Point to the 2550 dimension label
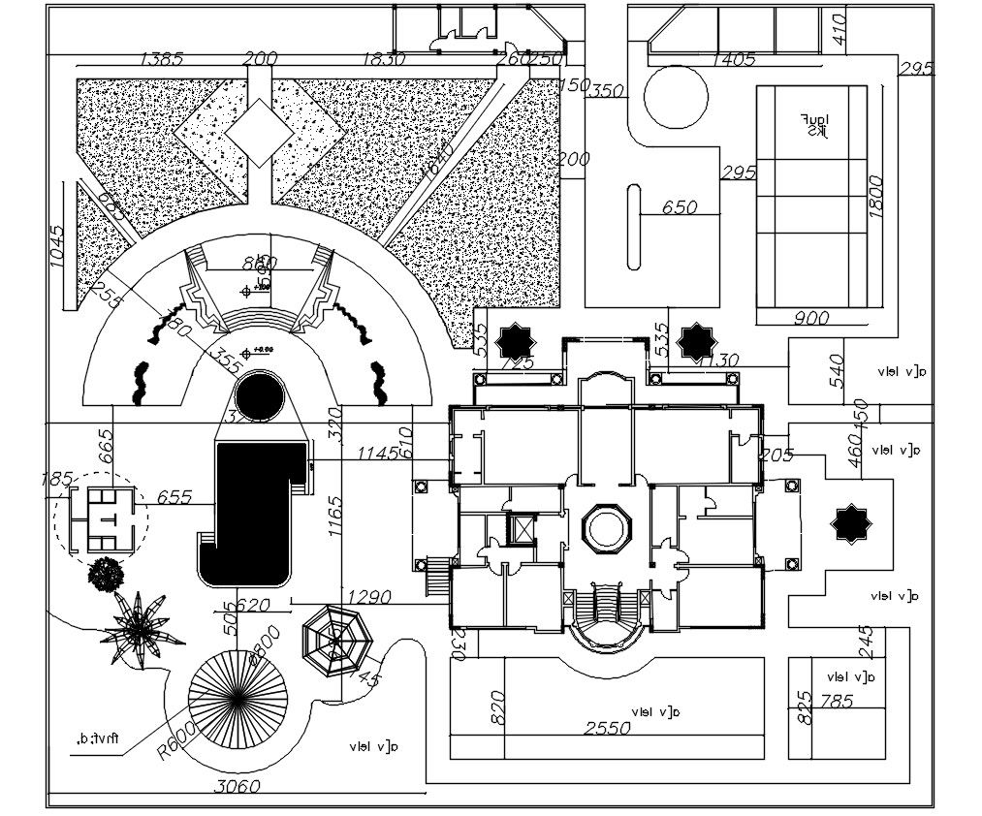pos(607,728)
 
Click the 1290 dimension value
pos(368,597)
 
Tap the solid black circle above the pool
pos(259,397)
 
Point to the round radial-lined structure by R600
pos(238,697)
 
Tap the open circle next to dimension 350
pos(677,98)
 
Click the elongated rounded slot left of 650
pos(635,227)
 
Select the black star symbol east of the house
pos(850,524)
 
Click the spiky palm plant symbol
pos(142,630)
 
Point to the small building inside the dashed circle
pos(101,519)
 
